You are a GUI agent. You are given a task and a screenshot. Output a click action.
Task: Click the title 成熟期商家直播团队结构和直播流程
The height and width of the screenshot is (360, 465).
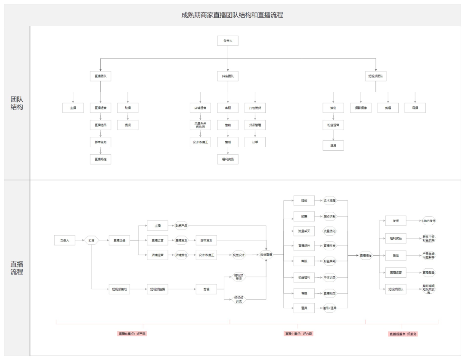(x=232, y=15)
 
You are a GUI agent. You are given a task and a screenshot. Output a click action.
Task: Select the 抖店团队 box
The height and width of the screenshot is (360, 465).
(x=228, y=77)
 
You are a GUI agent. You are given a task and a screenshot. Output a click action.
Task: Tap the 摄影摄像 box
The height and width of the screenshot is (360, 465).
(x=360, y=108)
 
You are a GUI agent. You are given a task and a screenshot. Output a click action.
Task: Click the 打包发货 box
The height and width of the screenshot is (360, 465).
(x=255, y=108)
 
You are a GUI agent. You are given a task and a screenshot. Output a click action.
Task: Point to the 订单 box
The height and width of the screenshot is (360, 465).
(x=255, y=142)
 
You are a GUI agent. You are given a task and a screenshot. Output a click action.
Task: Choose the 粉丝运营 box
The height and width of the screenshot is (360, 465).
(x=333, y=125)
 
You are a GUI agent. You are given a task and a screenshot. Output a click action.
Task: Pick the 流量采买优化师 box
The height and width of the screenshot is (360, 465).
(x=200, y=125)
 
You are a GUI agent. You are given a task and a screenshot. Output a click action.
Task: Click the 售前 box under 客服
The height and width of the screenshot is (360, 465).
(x=228, y=125)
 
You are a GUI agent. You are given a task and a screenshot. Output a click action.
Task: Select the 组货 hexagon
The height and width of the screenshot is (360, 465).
(x=91, y=240)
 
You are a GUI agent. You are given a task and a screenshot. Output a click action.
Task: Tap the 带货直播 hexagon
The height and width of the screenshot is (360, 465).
(x=266, y=255)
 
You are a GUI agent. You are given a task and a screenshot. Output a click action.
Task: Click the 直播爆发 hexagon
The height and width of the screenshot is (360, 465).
(x=366, y=255)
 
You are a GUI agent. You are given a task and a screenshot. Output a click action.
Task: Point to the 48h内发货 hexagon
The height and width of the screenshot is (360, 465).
(x=429, y=221)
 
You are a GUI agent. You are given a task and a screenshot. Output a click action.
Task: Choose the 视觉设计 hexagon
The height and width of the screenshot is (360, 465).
(x=239, y=255)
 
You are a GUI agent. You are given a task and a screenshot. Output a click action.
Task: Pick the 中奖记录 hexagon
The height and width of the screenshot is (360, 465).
(x=329, y=277)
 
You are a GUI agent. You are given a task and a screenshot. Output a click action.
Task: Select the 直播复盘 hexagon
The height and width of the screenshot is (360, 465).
(x=429, y=272)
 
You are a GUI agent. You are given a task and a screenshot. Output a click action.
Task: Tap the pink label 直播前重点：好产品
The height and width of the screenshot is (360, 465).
(x=132, y=334)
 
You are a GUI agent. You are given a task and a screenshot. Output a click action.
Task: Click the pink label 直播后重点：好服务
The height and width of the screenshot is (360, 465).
(x=403, y=334)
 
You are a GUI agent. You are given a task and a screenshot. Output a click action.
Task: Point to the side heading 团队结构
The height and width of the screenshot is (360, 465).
(x=17, y=103)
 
